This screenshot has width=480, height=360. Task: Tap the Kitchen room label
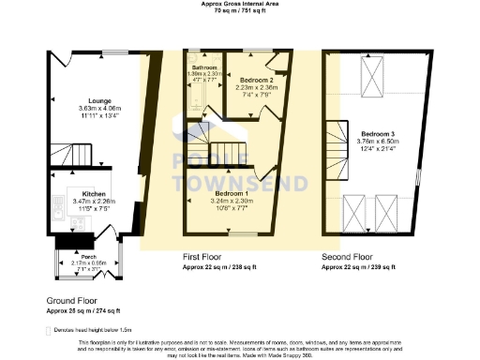coord(80,194)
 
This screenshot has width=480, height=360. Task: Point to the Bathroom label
coord(204,68)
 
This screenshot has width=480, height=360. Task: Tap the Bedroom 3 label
coord(377,134)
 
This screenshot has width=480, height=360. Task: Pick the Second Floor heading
coord(348,256)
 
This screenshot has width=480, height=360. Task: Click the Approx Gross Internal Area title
coord(240,4)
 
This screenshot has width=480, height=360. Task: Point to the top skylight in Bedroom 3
coord(372,72)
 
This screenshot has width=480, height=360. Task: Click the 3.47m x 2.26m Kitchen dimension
coord(80,202)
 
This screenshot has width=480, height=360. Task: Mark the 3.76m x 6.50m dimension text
coord(377,142)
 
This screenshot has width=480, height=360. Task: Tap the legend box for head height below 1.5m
coord(47,331)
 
